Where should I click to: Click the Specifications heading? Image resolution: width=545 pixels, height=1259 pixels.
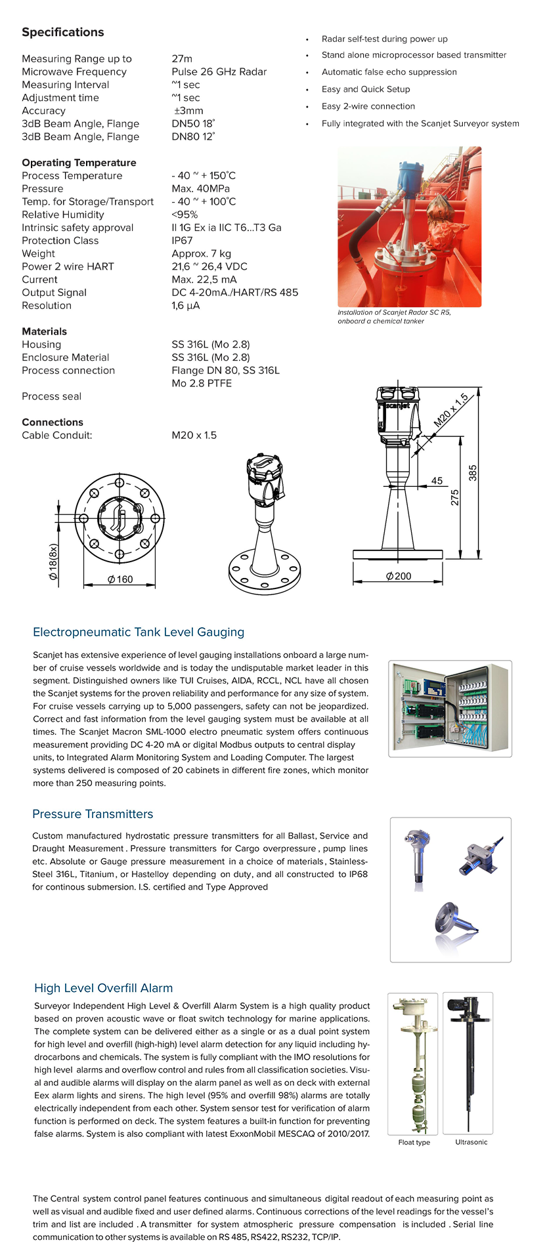tap(63, 32)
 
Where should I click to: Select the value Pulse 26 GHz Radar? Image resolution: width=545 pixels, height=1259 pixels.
tap(219, 72)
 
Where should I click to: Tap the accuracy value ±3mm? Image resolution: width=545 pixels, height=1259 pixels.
tap(188, 111)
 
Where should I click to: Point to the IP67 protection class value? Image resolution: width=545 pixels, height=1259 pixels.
tap(182, 241)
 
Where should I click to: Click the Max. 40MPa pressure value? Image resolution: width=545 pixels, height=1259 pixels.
tap(200, 189)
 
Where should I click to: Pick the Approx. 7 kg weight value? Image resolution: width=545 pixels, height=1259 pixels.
tap(201, 254)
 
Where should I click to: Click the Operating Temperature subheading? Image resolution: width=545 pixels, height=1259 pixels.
tap(79, 163)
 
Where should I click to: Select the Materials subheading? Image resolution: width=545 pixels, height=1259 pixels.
tap(44, 332)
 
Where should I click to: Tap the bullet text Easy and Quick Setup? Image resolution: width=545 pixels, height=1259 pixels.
tap(366, 89)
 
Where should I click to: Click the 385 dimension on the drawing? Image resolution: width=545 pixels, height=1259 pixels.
tap(473, 473)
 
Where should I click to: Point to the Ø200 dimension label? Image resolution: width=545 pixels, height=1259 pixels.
tap(399, 576)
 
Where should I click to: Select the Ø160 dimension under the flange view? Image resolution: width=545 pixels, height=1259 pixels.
tap(120, 579)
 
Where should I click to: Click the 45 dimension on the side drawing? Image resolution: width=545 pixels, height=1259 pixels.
tap(437, 481)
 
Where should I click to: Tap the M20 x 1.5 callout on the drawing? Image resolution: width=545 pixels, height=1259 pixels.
tap(451, 411)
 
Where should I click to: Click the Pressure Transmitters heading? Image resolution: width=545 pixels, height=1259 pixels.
tap(93, 814)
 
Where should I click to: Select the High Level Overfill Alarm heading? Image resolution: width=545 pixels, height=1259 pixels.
tap(104, 988)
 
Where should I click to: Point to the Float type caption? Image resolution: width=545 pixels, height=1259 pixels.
tap(414, 1142)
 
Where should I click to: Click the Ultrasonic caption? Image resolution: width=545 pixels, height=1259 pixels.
tap(471, 1142)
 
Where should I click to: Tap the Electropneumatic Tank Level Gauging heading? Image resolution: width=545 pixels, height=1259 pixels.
tap(139, 632)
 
